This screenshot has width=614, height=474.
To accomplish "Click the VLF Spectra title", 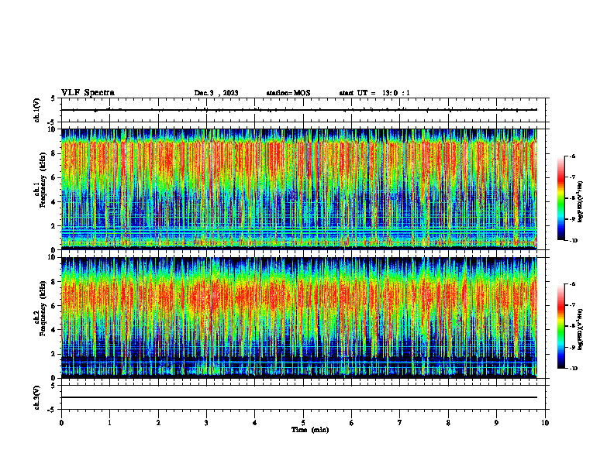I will click(88, 92).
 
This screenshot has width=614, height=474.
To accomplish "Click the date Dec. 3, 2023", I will click(216, 93).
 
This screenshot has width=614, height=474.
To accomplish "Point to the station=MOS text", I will click(288, 93).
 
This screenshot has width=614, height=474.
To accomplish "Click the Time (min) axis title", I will click(309, 429).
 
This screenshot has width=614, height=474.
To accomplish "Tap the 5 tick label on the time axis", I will click(303, 422).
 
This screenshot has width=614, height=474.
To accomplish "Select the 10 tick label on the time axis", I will click(545, 422).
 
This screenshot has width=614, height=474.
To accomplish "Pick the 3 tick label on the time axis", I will click(206, 422).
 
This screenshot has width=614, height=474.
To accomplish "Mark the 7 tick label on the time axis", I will click(400, 422).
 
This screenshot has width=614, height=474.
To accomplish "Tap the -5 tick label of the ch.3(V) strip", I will click(50, 408).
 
